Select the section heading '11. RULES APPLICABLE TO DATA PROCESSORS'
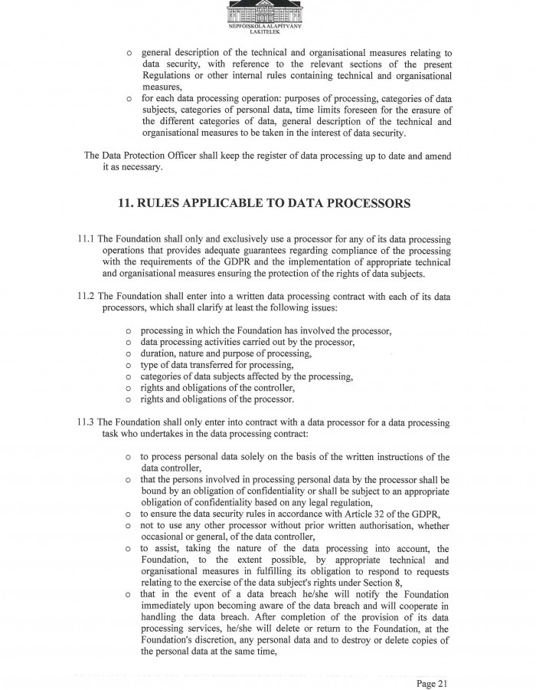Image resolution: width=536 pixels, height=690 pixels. click(x=265, y=204)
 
